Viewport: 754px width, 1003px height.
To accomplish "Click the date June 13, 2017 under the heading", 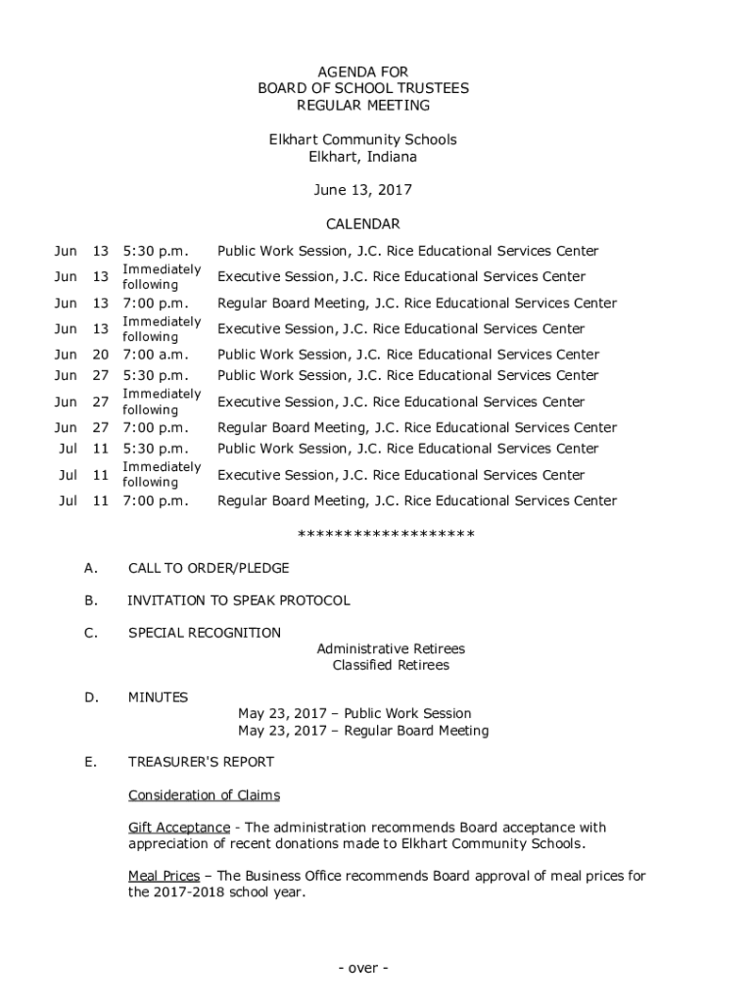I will click(x=362, y=190).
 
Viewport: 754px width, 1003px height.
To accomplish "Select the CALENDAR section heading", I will click(x=362, y=224).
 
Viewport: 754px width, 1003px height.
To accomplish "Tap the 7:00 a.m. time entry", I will click(x=154, y=355).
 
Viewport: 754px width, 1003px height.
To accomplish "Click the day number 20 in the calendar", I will click(x=100, y=355).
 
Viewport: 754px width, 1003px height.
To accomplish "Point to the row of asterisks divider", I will click(x=385, y=535).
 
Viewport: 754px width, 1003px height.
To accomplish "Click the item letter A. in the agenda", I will click(x=91, y=568).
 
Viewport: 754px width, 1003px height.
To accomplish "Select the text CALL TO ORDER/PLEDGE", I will click(x=209, y=568).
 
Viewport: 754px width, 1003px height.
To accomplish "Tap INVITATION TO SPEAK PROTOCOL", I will click(x=238, y=600).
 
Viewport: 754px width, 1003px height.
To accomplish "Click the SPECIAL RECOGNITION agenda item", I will click(x=204, y=633).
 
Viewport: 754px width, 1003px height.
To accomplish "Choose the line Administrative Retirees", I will click(x=391, y=649).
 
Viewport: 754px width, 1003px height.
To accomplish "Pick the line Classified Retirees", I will click(x=391, y=665).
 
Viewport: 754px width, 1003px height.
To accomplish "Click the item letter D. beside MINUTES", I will click(x=91, y=697).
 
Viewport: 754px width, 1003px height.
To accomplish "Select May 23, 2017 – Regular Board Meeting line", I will click(x=363, y=730).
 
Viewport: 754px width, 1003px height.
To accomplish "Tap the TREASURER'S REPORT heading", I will click(x=201, y=762).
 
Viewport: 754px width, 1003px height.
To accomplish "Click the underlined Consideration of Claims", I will click(x=204, y=794).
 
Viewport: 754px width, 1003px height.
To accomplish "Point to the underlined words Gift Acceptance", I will click(x=179, y=828).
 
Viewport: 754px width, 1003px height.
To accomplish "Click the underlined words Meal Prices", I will click(x=164, y=876).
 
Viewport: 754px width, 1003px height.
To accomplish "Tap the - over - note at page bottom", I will click(x=363, y=969).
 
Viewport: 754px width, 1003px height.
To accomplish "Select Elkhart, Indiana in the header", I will click(x=362, y=157).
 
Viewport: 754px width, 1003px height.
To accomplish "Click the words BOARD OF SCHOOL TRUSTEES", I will click(x=362, y=88).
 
